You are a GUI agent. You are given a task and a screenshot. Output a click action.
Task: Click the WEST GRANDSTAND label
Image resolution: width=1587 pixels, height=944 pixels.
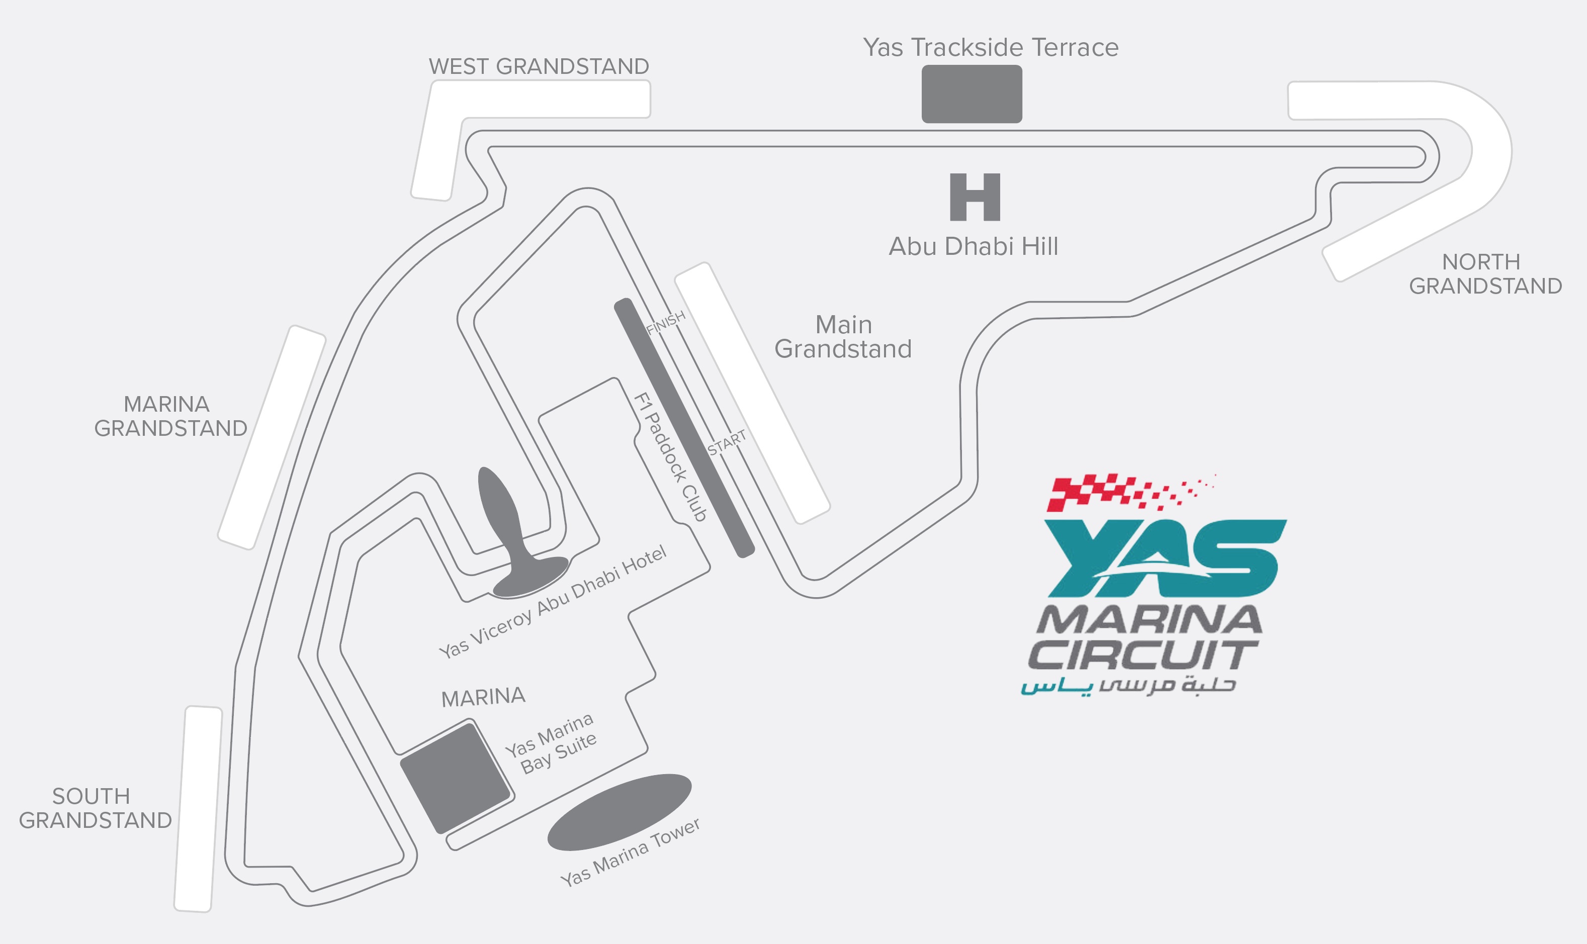click(539, 66)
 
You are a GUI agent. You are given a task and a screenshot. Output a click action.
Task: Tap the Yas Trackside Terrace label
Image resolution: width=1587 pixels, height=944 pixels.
click(990, 48)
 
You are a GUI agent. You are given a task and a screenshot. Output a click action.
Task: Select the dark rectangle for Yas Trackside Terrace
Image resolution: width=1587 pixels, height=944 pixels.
click(972, 94)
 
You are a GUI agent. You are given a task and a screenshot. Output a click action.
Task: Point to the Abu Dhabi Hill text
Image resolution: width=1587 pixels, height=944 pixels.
click(973, 247)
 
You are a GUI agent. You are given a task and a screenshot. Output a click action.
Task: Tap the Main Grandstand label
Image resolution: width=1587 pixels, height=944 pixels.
click(843, 336)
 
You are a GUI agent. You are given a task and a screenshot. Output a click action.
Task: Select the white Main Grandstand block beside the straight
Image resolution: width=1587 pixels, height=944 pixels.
click(752, 393)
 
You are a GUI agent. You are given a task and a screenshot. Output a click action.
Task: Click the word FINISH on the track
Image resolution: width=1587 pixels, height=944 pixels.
click(666, 323)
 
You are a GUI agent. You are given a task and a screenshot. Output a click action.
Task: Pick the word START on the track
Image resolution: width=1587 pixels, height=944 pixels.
click(727, 443)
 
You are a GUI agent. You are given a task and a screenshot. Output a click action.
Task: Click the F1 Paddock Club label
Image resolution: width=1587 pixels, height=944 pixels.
click(671, 457)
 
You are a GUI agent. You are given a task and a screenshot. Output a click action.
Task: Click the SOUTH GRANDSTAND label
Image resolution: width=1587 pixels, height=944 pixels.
click(96, 808)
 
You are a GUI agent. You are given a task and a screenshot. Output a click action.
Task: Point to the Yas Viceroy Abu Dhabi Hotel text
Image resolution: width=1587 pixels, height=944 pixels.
click(552, 602)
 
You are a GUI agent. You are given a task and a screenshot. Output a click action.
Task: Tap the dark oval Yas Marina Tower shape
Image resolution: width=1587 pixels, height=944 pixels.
click(619, 812)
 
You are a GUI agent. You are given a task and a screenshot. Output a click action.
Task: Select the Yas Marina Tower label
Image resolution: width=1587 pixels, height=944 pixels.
click(630, 853)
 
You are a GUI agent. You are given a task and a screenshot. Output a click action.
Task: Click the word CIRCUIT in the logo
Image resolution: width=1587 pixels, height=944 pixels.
click(1142, 654)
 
